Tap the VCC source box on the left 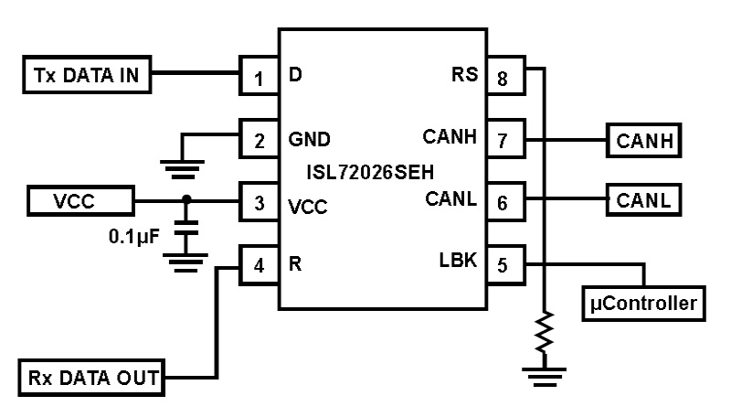[x=80, y=198]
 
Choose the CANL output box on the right [x=645, y=198]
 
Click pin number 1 [x=259, y=79]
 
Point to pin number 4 [x=259, y=266]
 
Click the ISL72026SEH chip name [x=382, y=170]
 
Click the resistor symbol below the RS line [x=545, y=332]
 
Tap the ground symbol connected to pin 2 [x=183, y=166]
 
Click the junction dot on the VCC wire [x=186, y=198]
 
